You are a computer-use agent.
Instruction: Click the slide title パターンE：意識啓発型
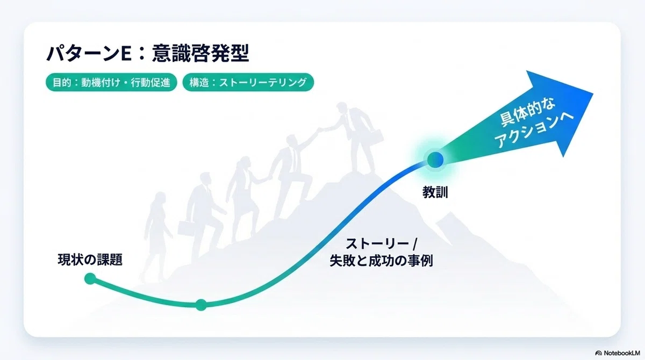pyautogui.click(x=147, y=53)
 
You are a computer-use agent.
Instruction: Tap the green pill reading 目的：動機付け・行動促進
pyautogui.click(x=111, y=83)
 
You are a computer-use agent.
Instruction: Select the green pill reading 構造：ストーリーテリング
pyautogui.click(x=248, y=83)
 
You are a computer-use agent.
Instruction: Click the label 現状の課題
pyautogui.click(x=90, y=260)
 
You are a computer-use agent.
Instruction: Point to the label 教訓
pyautogui.click(x=435, y=192)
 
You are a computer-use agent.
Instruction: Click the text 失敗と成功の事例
pyautogui.click(x=381, y=261)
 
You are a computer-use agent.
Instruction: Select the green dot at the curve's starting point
pyautogui.click(x=90, y=278)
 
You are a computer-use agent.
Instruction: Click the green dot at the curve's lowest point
pyautogui.click(x=201, y=305)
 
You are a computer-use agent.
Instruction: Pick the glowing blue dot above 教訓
pyautogui.click(x=435, y=160)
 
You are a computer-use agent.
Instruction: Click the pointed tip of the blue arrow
pyautogui.click(x=592, y=93)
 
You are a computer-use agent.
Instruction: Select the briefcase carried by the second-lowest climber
pyautogui.click(x=187, y=228)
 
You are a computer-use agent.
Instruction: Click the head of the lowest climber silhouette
pyautogui.click(x=160, y=198)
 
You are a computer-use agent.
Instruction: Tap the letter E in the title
pyautogui.click(x=126, y=54)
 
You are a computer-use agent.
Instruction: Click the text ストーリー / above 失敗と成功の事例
pyautogui.click(x=381, y=244)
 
